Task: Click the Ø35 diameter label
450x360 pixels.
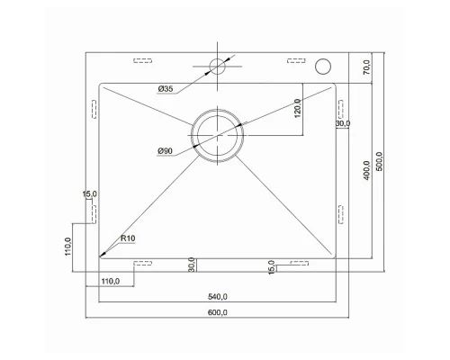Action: pos(166,89)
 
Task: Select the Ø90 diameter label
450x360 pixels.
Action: pos(166,151)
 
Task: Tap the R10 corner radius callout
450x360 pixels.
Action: pos(128,238)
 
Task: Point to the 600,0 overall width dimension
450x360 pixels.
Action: pos(218,312)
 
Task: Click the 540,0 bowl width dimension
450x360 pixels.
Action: pos(218,297)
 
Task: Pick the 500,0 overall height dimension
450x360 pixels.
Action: pos(380,161)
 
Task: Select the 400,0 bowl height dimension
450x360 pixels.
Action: pos(366,170)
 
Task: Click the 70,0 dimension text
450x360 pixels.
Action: pos(366,67)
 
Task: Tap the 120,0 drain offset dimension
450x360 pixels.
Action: pos(297,108)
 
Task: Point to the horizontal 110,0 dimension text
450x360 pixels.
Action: pos(111,282)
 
